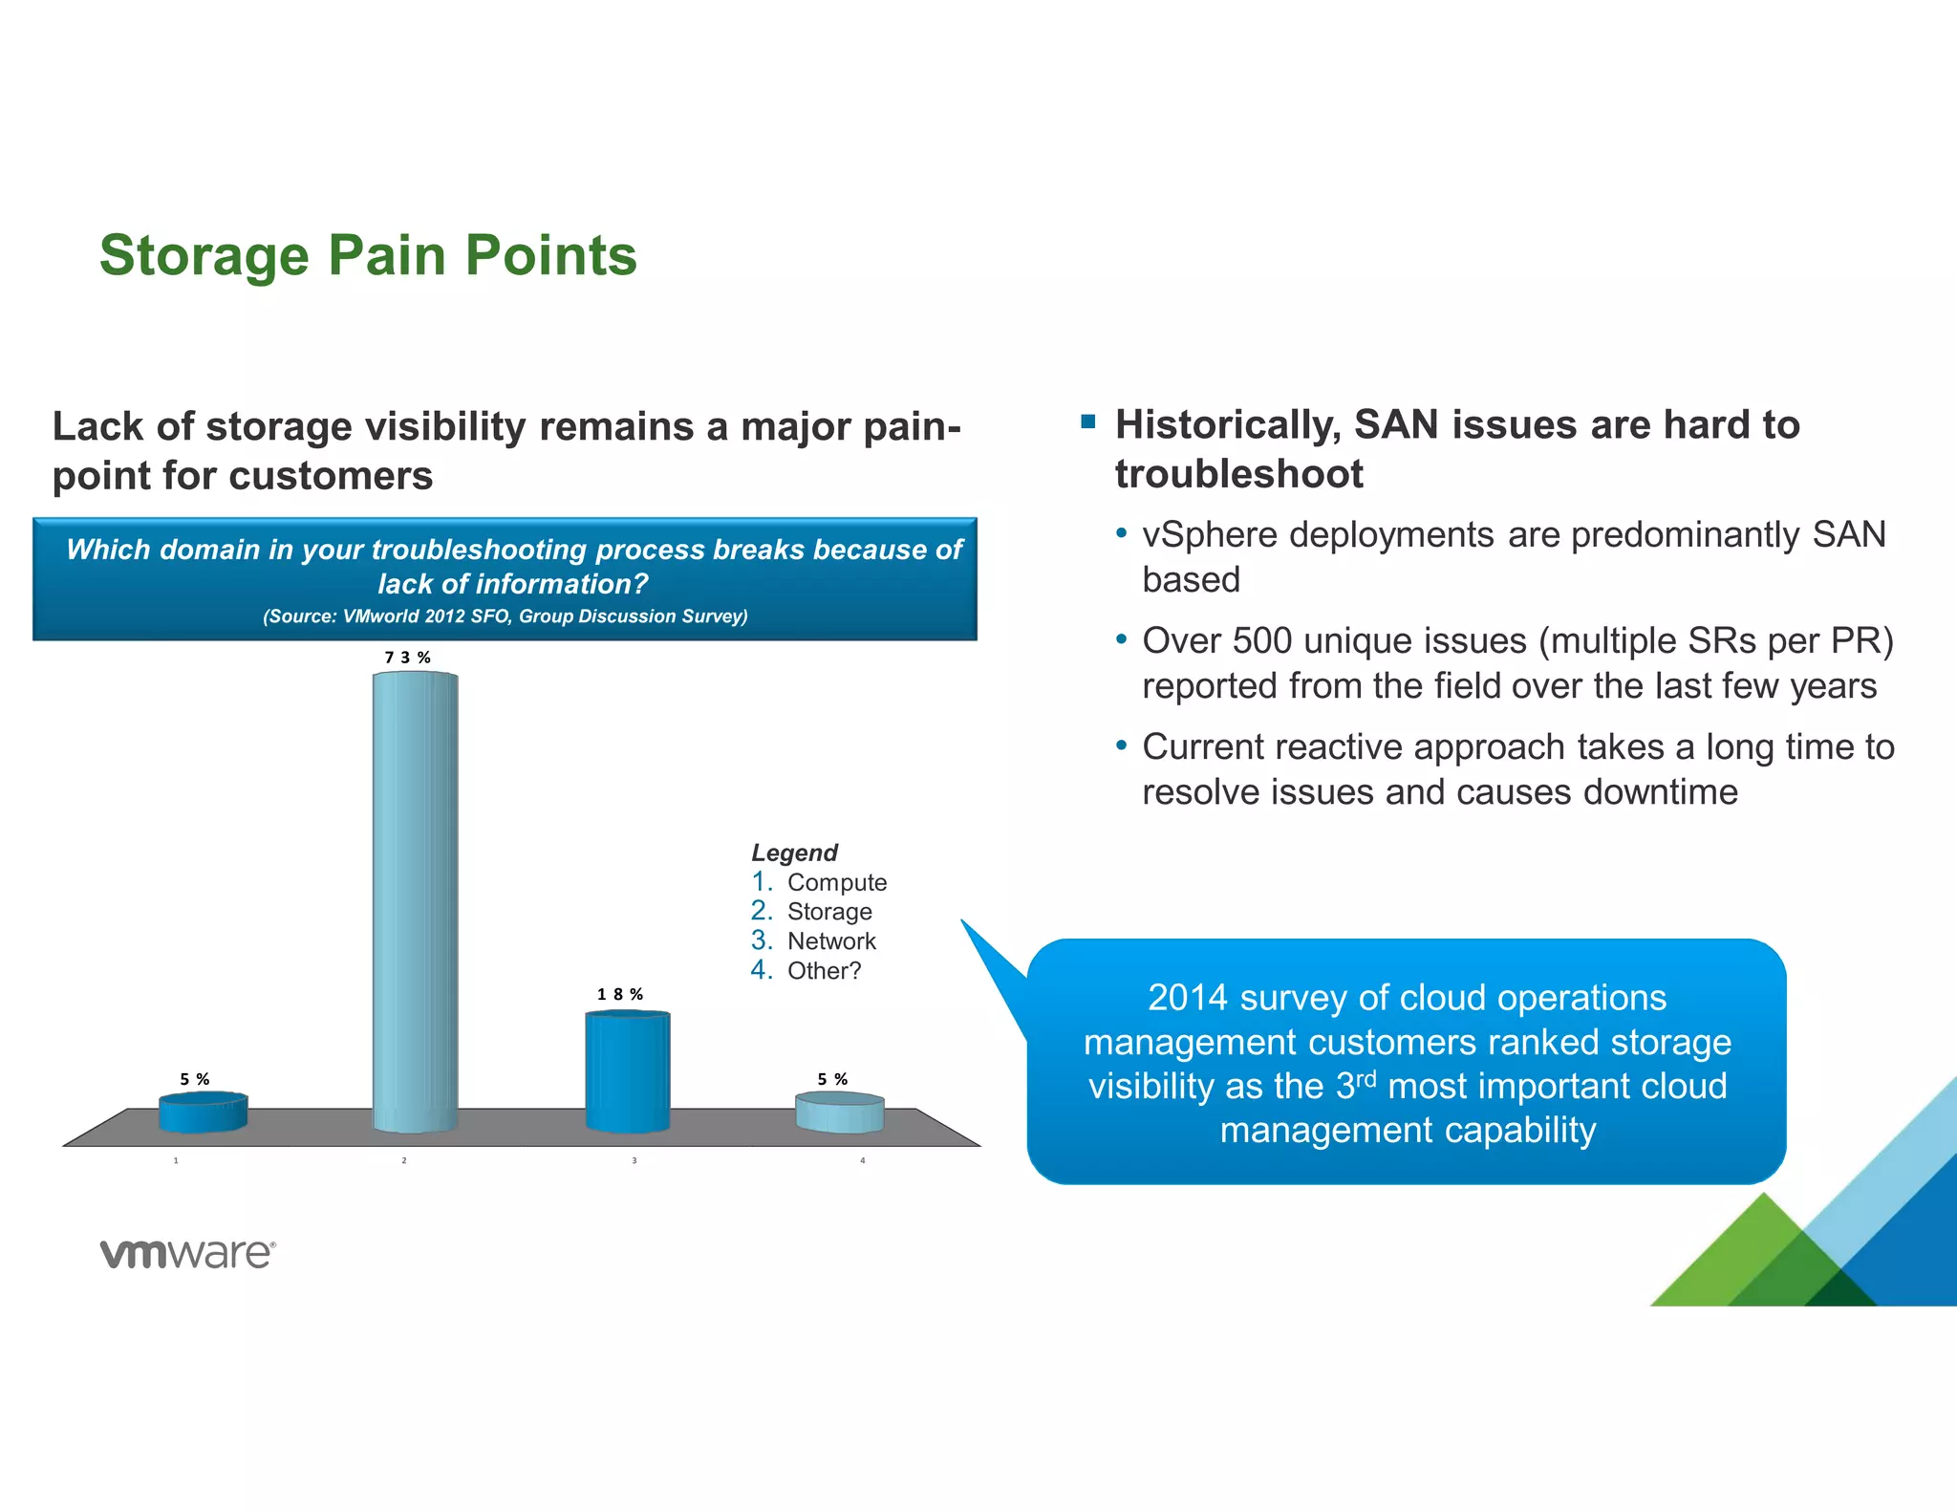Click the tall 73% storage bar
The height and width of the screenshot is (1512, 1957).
[415, 898]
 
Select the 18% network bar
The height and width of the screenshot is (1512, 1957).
[628, 1070]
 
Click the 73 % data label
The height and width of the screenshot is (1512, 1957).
[408, 658]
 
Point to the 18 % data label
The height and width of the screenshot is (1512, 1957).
[620, 995]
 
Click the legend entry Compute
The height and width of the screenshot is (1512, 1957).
[836, 882]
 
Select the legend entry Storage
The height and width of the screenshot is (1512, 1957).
[828, 912]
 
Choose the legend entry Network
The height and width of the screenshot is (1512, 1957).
[830, 941]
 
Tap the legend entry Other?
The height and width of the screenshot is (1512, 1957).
[823, 971]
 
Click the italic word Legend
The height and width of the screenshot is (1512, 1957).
[794, 853]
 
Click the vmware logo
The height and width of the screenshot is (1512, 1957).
[187, 1253]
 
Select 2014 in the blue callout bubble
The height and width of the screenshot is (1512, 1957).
[1187, 998]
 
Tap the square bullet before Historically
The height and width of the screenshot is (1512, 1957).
[1087, 421]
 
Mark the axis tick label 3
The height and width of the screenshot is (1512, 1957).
[634, 1160]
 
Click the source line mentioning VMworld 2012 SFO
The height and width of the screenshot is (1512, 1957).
[505, 616]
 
